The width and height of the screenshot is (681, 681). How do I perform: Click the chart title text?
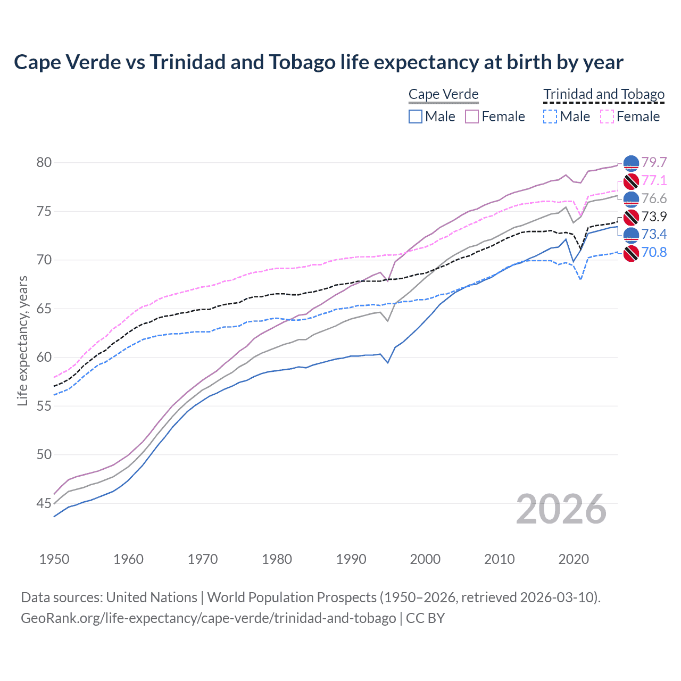click(x=318, y=62)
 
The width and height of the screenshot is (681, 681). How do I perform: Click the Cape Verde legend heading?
click(x=443, y=94)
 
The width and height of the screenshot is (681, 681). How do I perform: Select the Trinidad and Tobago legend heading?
click(x=604, y=94)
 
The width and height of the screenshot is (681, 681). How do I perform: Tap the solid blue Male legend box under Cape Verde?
click(x=416, y=117)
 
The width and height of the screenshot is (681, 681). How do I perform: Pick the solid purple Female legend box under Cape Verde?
click(x=472, y=117)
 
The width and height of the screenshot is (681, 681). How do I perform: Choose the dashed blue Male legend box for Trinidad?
click(x=550, y=117)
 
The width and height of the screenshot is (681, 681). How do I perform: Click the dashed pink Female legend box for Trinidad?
click(x=607, y=117)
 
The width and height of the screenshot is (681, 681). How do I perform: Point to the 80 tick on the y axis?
click(x=44, y=162)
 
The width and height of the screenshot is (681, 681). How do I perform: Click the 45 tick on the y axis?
click(x=44, y=503)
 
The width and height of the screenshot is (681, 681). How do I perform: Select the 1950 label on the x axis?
click(x=54, y=559)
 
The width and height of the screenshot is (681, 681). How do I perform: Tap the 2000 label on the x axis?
click(x=425, y=559)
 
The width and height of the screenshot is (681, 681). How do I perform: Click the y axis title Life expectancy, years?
click(x=22, y=340)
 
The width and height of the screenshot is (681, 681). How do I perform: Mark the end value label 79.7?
click(x=654, y=162)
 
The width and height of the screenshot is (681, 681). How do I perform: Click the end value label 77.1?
click(x=654, y=180)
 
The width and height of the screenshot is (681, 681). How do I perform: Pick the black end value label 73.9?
click(x=654, y=217)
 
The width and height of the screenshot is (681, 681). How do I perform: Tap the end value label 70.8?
click(x=654, y=252)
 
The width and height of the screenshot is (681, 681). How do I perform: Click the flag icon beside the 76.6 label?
click(x=631, y=199)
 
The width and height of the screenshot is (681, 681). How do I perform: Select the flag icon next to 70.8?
click(x=631, y=253)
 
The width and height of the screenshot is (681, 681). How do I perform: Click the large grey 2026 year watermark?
click(x=561, y=509)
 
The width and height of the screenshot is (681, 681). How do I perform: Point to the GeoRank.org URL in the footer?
click(x=208, y=618)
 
